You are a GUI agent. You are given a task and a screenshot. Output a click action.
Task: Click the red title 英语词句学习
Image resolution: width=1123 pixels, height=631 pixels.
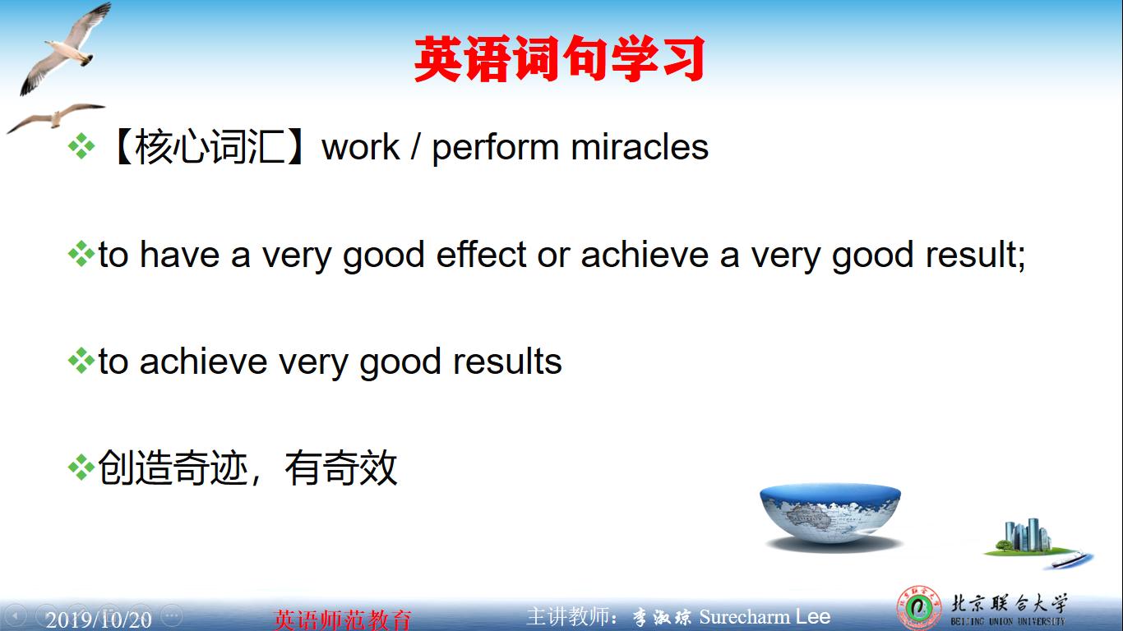tap(559, 59)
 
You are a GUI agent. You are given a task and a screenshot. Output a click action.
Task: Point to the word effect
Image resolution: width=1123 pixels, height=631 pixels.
tap(481, 255)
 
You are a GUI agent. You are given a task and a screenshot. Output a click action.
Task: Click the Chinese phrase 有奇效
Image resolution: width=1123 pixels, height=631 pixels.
tap(341, 468)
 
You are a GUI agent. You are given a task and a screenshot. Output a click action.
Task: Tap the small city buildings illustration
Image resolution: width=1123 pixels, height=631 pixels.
tap(1028, 538)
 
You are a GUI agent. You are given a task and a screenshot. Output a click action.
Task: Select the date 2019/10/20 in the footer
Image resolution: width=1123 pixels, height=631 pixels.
tap(99, 619)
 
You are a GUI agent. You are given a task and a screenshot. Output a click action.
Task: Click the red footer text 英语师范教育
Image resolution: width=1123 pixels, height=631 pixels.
tap(342, 619)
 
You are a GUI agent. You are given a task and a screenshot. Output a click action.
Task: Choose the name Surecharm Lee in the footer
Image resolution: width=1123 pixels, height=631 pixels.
tap(765, 617)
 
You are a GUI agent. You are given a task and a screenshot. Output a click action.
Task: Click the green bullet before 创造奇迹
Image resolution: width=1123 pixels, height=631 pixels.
tap(81, 468)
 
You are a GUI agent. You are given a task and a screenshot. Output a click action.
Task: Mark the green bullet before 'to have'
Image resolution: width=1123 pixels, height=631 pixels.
tap(81, 255)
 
